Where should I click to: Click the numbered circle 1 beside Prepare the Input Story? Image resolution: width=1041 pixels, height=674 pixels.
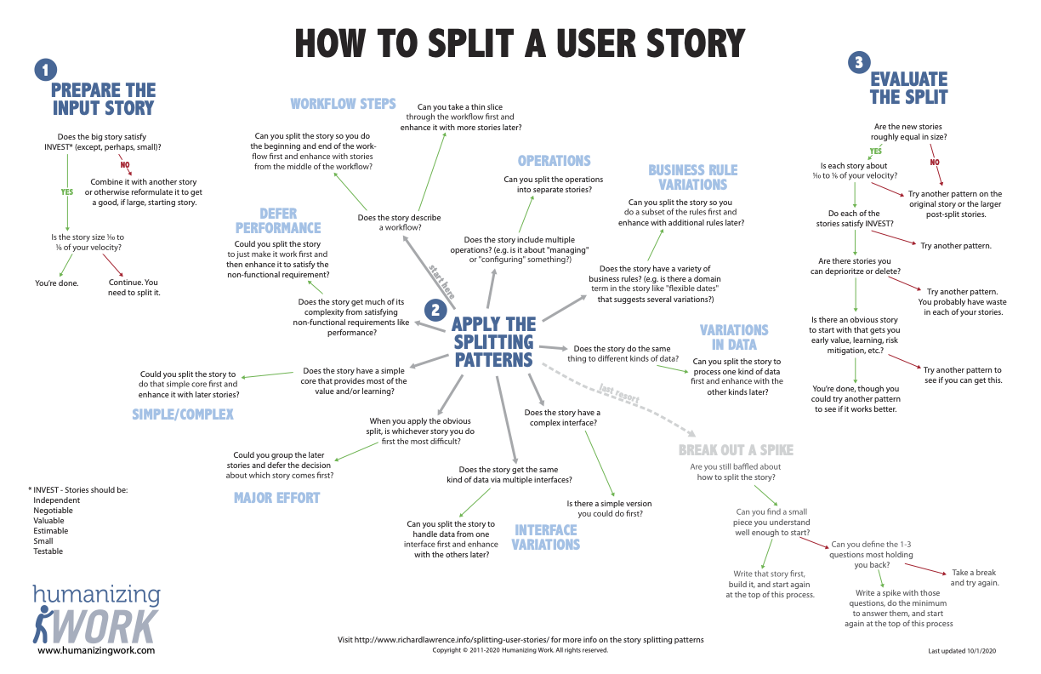(x=46, y=70)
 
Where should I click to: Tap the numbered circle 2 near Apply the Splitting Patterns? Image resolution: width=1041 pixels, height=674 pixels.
(x=435, y=311)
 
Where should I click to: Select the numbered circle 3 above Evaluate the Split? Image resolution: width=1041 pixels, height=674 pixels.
(x=859, y=62)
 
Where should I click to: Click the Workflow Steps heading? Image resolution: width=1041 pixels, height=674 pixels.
(x=343, y=103)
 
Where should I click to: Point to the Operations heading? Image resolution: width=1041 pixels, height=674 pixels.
(x=554, y=161)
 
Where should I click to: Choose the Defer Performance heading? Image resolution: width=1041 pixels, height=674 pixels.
(x=278, y=220)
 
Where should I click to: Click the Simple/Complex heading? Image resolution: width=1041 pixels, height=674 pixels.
(x=183, y=414)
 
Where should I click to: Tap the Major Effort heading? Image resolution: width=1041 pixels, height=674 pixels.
(x=276, y=498)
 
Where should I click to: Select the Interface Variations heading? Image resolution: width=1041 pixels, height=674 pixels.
(x=546, y=537)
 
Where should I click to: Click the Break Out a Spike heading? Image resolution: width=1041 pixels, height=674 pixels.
(x=736, y=450)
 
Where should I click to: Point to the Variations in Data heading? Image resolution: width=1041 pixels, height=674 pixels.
(x=734, y=337)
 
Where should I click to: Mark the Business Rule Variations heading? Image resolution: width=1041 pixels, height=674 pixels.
(x=692, y=177)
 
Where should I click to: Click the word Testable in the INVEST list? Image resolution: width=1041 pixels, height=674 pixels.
(x=48, y=551)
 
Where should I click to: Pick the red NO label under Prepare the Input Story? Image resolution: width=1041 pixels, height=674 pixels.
(x=125, y=164)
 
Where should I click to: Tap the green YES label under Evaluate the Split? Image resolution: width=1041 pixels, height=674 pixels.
(x=875, y=151)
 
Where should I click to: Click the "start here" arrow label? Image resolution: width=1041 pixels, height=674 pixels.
(x=441, y=282)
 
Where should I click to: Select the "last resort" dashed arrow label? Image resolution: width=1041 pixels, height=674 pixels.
(x=619, y=393)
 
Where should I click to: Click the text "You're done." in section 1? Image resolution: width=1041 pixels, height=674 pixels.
(x=57, y=283)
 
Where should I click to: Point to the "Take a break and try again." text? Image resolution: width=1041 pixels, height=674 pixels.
(x=975, y=578)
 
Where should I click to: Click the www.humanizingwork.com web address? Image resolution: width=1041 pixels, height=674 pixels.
(x=96, y=650)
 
